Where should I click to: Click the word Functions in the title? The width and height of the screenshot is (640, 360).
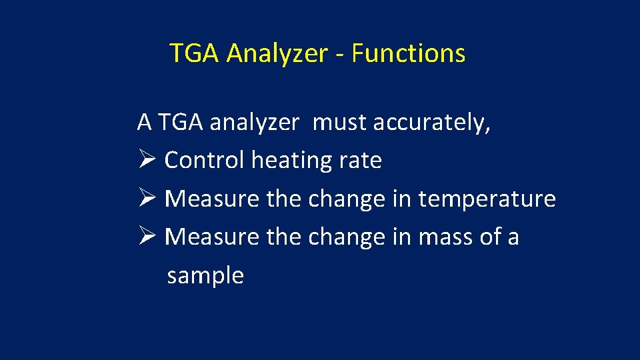(408, 53)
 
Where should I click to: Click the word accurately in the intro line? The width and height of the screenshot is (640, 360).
(432, 123)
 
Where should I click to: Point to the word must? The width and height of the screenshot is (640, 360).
(340, 123)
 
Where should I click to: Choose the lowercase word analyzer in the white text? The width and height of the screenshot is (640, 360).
(254, 123)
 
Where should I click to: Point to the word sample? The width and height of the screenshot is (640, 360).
(205, 275)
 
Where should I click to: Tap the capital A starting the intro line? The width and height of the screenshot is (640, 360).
(144, 123)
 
